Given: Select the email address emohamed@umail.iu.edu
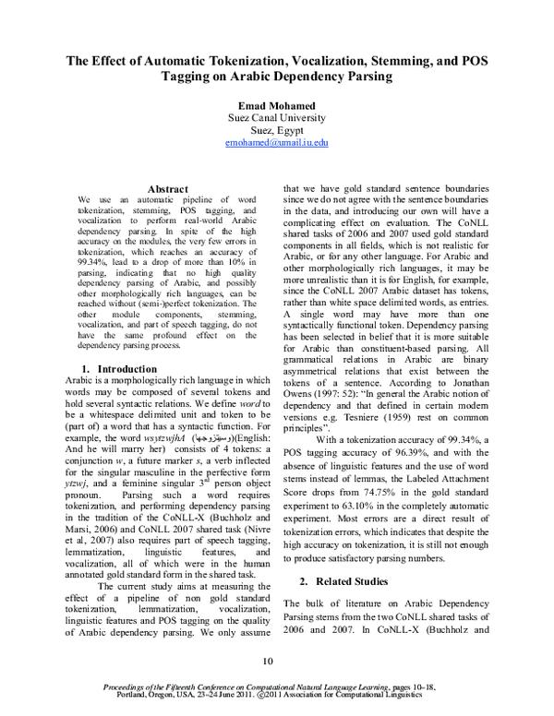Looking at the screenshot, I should [x=277, y=145].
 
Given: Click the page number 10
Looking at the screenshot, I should [x=270, y=661].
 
